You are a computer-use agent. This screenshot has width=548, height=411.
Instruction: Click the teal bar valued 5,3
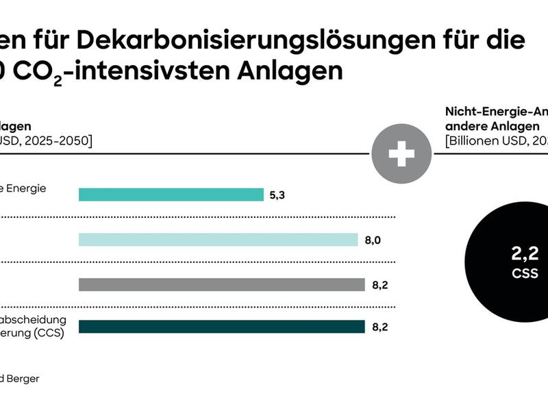pos(171,195)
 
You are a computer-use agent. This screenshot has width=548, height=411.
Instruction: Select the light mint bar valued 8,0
pos(218,239)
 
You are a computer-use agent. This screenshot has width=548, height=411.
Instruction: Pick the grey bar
pos(221,284)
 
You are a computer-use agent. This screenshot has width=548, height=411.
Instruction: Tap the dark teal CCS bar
pos(221,327)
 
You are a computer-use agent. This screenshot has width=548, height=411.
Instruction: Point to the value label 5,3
pos(277,195)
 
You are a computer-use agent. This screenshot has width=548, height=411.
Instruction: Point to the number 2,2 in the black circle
pos(525,254)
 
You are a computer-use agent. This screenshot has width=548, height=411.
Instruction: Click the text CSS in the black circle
pos(525,273)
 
